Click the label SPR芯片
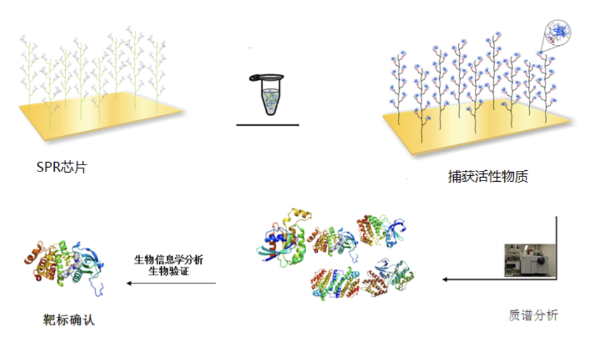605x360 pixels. pyautogui.click(x=61, y=166)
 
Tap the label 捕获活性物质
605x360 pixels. pyautogui.click(x=488, y=178)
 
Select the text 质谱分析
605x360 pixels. pyautogui.click(x=533, y=315)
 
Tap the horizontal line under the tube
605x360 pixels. pyautogui.click(x=267, y=125)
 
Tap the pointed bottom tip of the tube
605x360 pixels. pyautogui.click(x=270, y=113)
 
